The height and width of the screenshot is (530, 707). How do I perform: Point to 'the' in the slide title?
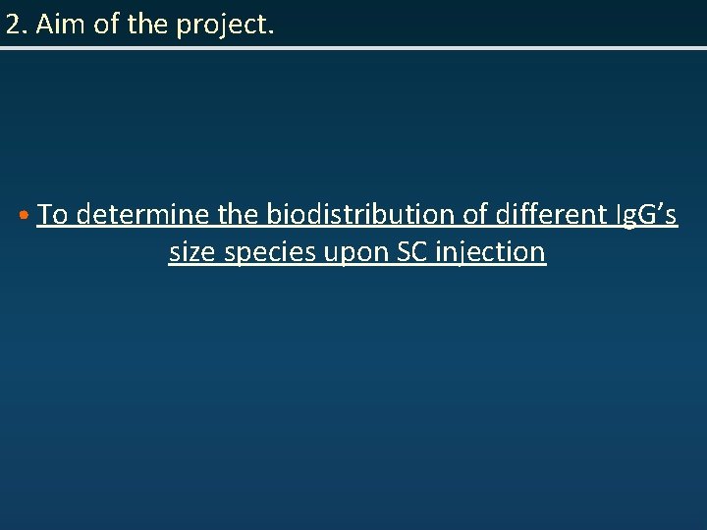pyautogui.click(x=149, y=26)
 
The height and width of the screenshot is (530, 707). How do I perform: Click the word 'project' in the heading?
pyautogui.click(x=222, y=27)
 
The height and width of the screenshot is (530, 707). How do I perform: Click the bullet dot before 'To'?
pyautogui.click(x=22, y=215)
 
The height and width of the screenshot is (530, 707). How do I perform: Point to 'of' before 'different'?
pyautogui.click(x=475, y=214)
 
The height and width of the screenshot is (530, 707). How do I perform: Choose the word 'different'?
pyautogui.click(x=551, y=214)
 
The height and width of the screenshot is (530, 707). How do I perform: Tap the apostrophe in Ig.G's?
pyautogui.click(x=660, y=207)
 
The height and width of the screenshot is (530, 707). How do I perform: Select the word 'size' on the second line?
pyautogui.click(x=192, y=252)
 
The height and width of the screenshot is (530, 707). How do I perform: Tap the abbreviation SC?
pyautogui.click(x=410, y=252)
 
